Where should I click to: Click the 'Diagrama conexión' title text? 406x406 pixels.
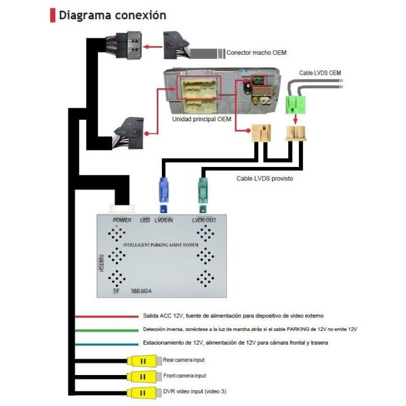click(x=113, y=16)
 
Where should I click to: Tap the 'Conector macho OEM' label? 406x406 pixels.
click(x=256, y=53)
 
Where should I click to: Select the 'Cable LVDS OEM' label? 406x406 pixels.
click(x=320, y=73)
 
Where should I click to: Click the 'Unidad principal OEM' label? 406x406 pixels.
click(x=201, y=120)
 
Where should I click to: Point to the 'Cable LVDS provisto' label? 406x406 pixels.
click(x=264, y=178)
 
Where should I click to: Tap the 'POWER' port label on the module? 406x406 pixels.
click(x=122, y=220)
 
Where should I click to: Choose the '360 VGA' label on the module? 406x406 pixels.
click(x=142, y=291)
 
